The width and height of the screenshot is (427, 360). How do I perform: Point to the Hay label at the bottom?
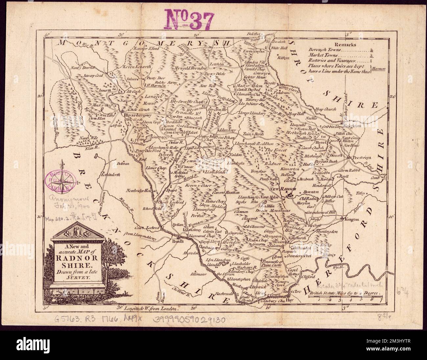[289, 300]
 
